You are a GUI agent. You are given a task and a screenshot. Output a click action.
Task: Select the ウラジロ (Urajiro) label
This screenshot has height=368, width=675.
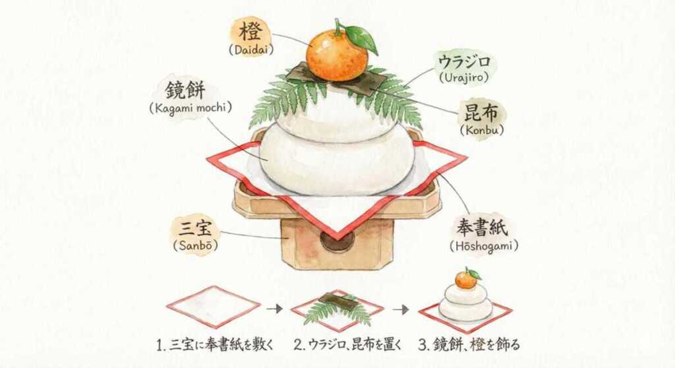[464, 68]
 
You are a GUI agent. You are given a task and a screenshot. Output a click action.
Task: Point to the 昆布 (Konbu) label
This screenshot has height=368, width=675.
[481, 119]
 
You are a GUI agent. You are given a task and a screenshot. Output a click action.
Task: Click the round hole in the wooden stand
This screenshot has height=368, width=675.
[337, 241]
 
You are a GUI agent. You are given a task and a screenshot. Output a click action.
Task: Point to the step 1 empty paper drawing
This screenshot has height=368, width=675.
[213, 307]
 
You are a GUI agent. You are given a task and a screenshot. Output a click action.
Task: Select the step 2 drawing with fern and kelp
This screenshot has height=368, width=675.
[337, 309]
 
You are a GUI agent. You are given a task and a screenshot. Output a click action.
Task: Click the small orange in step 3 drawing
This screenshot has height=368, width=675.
[465, 280]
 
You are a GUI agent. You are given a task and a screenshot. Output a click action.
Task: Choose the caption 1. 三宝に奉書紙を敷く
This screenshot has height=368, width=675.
[214, 344]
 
